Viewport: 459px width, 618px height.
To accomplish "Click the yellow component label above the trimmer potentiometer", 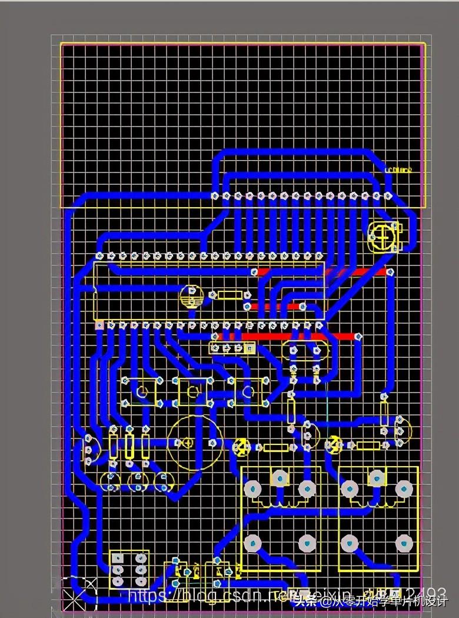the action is click(x=398, y=170).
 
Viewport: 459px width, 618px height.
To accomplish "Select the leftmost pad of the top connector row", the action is click(x=215, y=195).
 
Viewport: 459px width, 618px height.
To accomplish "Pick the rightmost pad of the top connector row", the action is click(x=388, y=195).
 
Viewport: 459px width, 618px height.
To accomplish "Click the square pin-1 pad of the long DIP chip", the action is click(x=99, y=325).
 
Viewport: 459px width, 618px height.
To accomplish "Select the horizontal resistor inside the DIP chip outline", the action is click(x=230, y=295).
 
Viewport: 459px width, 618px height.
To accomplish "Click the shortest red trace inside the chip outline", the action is click(x=275, y=307).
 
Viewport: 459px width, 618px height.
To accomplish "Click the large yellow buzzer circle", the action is click(x=194, y=442).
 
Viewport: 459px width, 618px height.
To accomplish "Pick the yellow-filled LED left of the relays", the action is click(x=241, y=447).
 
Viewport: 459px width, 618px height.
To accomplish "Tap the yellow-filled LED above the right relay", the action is click(x=333, y=444).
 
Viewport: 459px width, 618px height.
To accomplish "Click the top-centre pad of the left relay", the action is click(x=280, y=477).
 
